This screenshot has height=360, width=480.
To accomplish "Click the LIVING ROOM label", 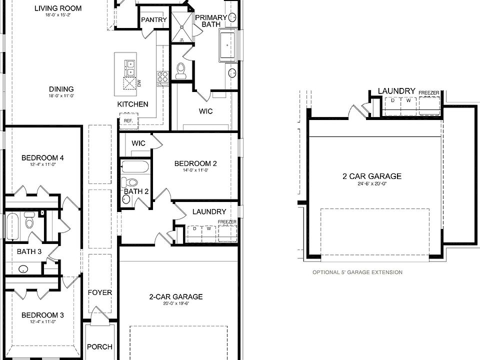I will coord(57,8).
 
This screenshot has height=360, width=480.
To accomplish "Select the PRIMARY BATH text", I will coord(210,20).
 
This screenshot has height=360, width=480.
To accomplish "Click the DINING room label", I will coord(61,89).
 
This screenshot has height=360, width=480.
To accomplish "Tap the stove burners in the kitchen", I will coord(163,77).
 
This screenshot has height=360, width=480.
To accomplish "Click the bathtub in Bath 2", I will coord(135,166).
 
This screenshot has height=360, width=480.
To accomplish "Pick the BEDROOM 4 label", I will coord(42,158).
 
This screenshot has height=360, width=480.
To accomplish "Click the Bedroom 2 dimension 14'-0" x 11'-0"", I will coord(195,170).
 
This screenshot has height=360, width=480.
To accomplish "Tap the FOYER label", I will coord(100,292).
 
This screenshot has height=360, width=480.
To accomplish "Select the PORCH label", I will coord(99,346).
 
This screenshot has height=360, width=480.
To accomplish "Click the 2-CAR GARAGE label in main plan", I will coord(176,296).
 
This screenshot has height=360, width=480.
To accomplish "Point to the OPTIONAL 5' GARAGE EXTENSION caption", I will coord(357,272).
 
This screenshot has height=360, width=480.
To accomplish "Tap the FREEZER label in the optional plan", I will coord(428,93).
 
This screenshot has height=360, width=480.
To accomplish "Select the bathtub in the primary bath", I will coord(229,45).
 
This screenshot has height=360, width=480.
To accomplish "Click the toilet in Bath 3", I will coord(29,219).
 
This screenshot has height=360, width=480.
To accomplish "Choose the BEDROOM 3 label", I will coord(42,315).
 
